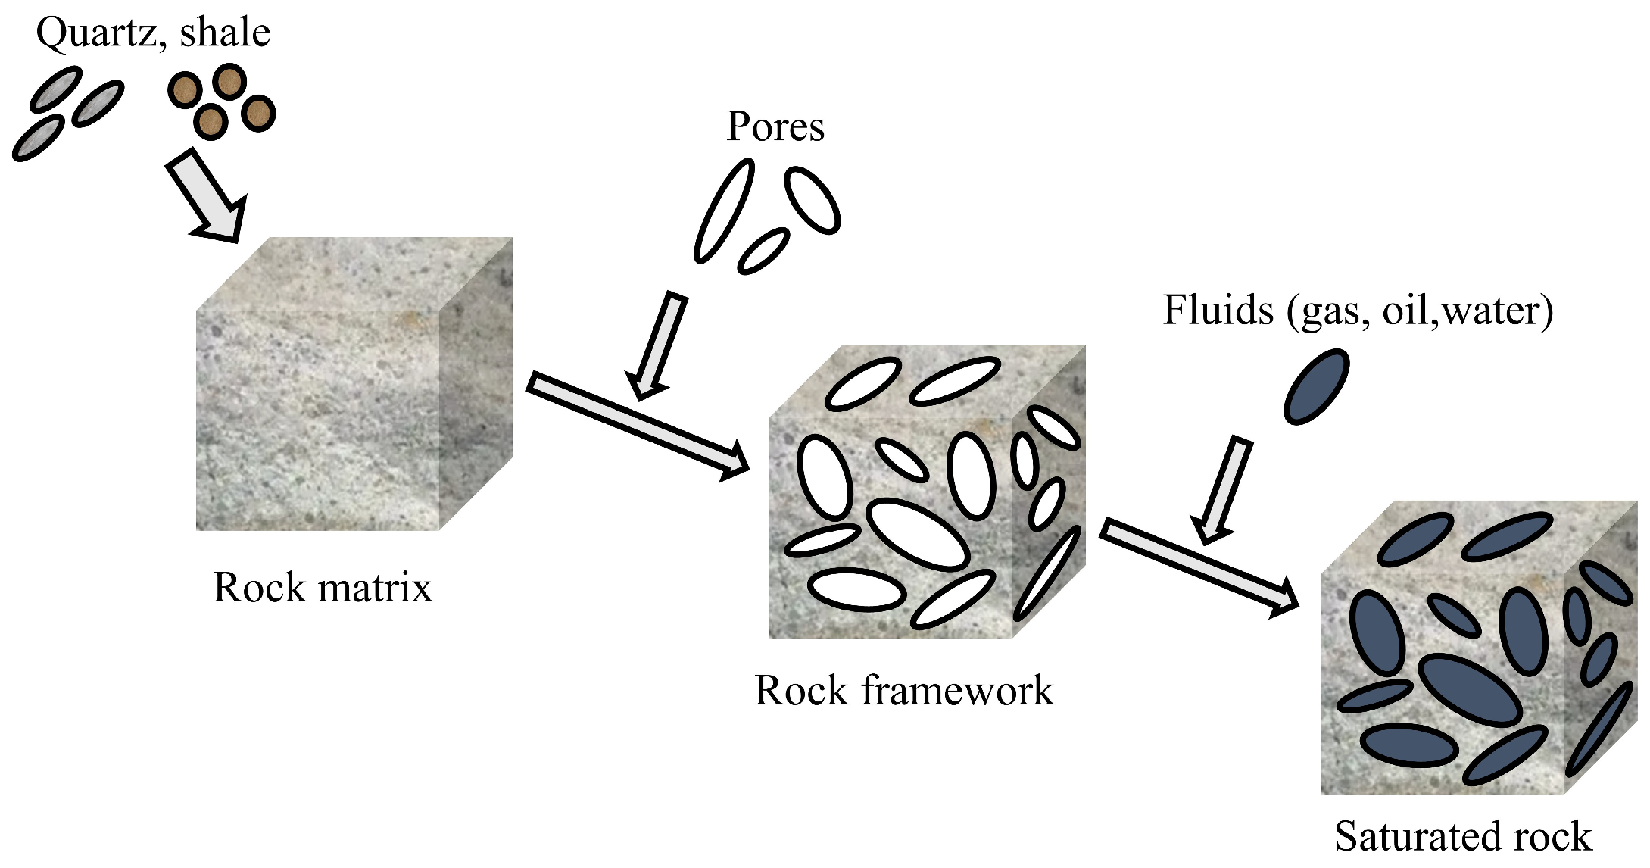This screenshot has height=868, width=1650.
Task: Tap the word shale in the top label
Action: click(225, 33)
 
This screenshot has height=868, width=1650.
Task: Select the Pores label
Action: click(775, 126)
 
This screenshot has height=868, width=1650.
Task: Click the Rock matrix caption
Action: click(323, 587)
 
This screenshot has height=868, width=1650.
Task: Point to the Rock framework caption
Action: click(904, 690)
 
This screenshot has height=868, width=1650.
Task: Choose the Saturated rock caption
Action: click(1463, 836)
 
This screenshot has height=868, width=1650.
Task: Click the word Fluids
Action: click(1218, 311)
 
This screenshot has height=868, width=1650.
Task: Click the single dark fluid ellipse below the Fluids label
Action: click(1317, 386)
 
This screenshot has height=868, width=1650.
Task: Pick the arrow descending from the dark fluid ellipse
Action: click(1221, 489)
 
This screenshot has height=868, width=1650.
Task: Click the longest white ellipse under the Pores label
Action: click(725, 211)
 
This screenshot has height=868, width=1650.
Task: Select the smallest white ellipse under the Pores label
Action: click(763, 251)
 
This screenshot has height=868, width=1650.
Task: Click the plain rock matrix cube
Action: click(354, 384)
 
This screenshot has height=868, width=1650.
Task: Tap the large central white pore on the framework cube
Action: click(918, 534)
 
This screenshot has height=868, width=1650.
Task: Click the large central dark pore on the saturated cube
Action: click(1470, 690)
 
